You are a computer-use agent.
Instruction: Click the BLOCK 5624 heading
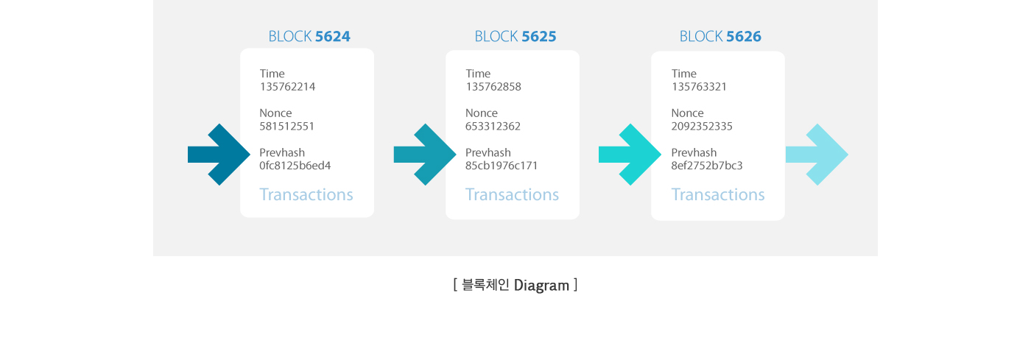point(309,36)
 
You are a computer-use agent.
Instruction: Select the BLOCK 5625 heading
point(515,36)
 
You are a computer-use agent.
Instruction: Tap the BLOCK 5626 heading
point(720,36)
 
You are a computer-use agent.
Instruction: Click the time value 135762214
point(287,87)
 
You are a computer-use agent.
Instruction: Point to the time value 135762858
point(493,87)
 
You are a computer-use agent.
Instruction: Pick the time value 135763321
point(699,87)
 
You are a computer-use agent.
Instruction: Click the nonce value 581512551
point(286,126)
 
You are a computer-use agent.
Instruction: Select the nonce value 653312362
point(493,126)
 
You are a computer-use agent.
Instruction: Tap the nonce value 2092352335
point(702,126)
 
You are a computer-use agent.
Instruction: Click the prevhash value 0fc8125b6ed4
point(295,165)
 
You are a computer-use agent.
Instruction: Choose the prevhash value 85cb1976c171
point(502,165)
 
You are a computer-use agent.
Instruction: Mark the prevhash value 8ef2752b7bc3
point(707,165)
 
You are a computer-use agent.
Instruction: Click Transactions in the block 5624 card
point(306,194)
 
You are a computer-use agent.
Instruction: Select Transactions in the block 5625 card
point(513,194)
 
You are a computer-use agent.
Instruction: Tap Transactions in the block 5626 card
point(718,194)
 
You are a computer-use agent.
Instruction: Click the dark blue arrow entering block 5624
point(219,155)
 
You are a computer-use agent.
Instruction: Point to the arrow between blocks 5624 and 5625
point(425,155)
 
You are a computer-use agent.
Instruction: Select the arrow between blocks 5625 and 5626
point(630,155)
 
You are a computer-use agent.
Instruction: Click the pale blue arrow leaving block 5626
point(817,155)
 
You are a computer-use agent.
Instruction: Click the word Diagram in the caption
point(541,286)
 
